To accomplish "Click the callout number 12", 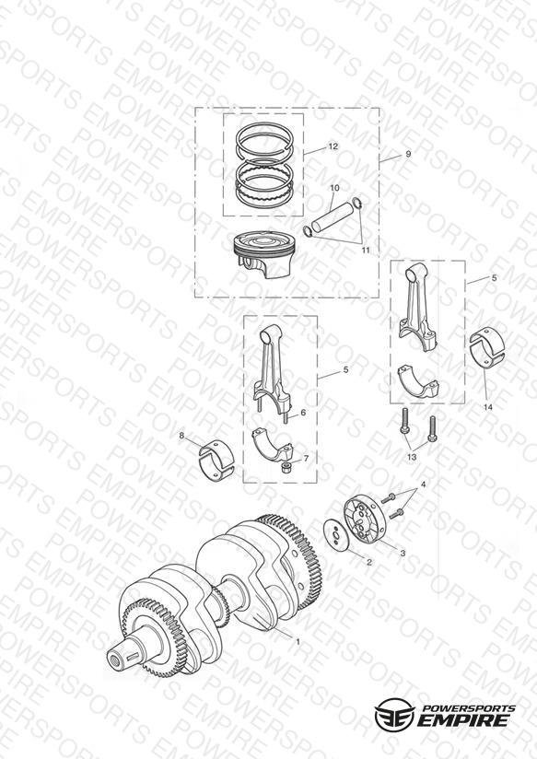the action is click(333, 146).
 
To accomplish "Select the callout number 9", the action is click(408, 154).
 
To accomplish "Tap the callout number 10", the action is click(334, 188).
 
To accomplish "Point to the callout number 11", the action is click(366, 250).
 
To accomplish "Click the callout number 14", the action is click(487, 407).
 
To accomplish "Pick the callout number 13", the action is click(412, 457).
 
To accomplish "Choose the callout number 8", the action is click(181, 436).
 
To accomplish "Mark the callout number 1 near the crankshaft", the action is click(298, 641).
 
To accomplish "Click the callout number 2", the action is click(369, 562).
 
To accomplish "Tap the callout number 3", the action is click(403, 553).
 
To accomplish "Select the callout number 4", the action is click(423, 485).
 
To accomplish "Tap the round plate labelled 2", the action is click(337, 534).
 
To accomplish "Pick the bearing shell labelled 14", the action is click(487, 346).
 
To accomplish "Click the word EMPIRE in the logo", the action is click(463, 719).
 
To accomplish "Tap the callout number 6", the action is click(303, 413).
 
